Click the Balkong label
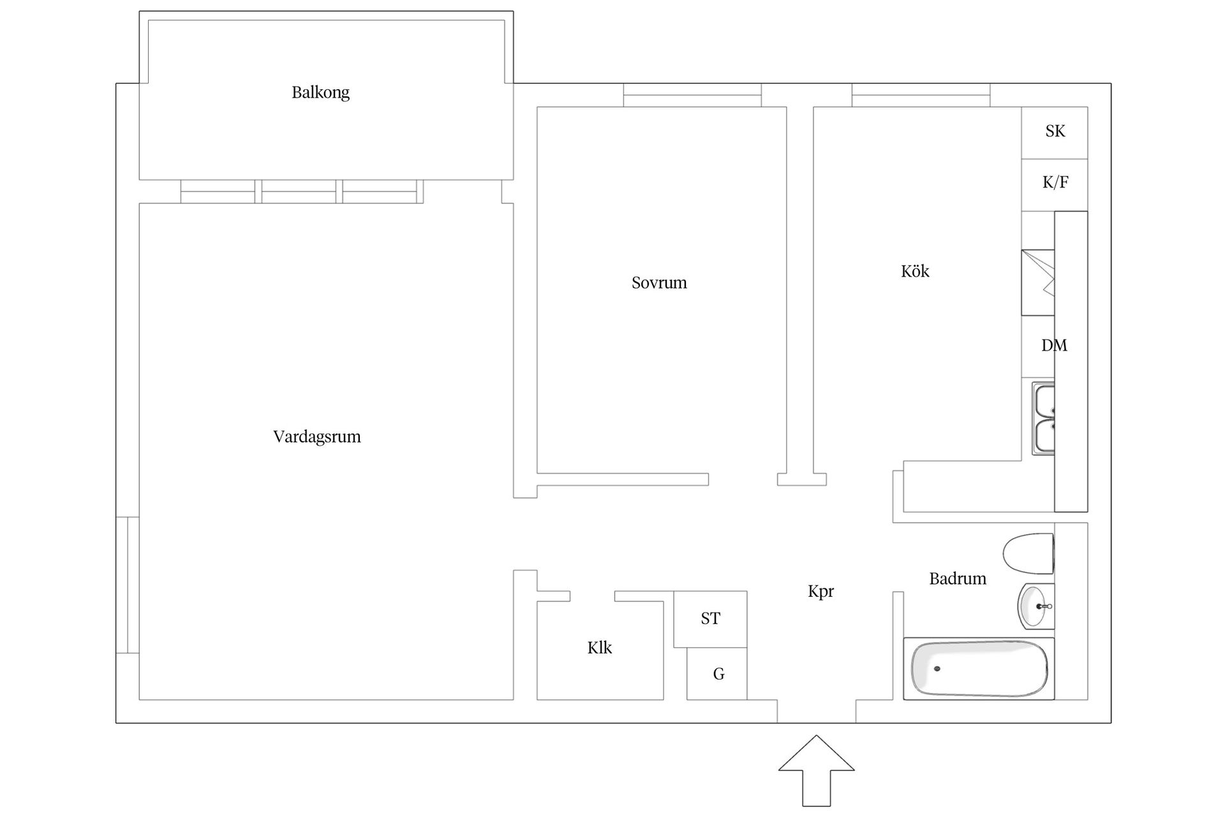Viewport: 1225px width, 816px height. pyautogui.click(x=320, y=92)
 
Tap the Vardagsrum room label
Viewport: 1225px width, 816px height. pyautogui.click(x=317, y=437)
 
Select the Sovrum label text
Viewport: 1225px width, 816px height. pyautogui.click(x=659, y=282)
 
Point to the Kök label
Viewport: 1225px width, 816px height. pyautogui.click(x=915, y=271)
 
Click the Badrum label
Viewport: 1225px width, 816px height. pyautogui.click(x=958, y=579)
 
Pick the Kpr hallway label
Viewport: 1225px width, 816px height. pyautogui.click(x=820, y=592)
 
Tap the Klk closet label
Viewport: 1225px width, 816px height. pyautogui.click(x=600, y=648)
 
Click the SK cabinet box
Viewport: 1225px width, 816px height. pyautogui.click(x=1055, y=133)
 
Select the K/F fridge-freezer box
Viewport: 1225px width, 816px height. pyautogui.click(x=1055, y=185)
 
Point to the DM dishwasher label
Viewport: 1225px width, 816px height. pyautogui.click(x=1054, y=346)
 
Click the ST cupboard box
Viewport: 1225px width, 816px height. pyautogui.click(x=710, y=619)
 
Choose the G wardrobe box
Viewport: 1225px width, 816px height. pyautogui.click(x=716, y=674)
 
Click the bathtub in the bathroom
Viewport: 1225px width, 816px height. pyautogui.click(x=979, y=668)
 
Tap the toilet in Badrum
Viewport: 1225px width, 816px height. pyautogui.click(x=1028, y=553)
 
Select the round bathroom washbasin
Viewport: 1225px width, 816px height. pyautogui.click(x=1036, y=606)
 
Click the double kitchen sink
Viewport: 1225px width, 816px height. pyautogui.click(x=1043, y=418)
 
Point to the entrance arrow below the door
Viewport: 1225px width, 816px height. pyautogui.click(x=816, y=770)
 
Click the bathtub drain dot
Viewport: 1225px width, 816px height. pyautogui.click(x=937, y=669)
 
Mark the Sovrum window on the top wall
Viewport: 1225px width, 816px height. pyautogui.click(x=692, y=95)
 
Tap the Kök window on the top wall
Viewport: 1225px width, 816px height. pyautogui.click(x=921, y=95)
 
